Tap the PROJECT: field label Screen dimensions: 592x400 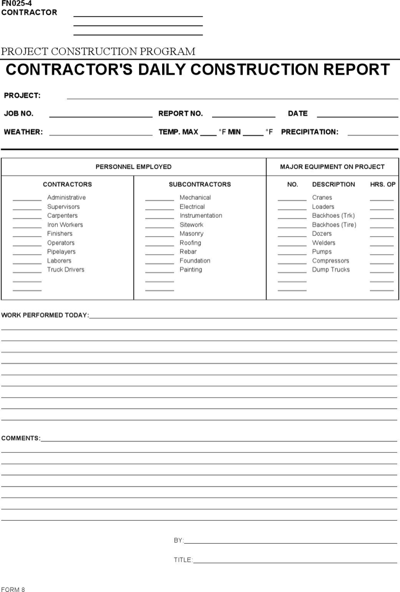pos(22,95)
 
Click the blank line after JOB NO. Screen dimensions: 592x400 pos(101,115)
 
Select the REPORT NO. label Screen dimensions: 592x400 pos(180,114)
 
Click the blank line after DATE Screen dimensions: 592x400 pos(357,115)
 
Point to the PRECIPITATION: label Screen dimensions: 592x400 pos(309,132)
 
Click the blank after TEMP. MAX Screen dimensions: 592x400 pos(208,133)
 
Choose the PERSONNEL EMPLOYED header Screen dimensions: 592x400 pos(134,167)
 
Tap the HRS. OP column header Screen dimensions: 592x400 pos(382,184)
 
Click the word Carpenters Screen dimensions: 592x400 pos(62,216)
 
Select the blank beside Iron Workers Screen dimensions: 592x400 pos(27,226)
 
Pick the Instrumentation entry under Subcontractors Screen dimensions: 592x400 pos(201,216)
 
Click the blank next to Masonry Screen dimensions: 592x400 pos(159,235)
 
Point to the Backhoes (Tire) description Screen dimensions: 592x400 pos(334,225)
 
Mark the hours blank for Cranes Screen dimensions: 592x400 pos(381,199)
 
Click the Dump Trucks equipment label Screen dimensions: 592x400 pos(330,270)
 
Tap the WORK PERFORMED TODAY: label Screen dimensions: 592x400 pos(45,315)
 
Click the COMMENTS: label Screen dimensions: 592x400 pos(20,438)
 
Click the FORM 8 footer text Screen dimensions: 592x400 pos(13,589)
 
